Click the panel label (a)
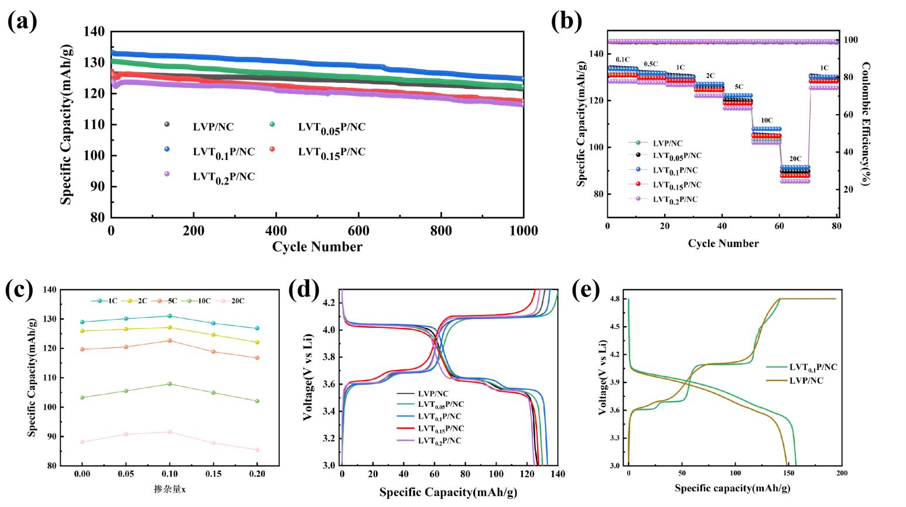22,22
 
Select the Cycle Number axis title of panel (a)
317,246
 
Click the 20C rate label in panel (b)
795,159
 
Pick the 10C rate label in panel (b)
767,121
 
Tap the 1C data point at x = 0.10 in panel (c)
169,316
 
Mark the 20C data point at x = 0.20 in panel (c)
257,450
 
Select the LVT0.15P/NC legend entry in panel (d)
439,429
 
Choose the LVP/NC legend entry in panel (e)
806,381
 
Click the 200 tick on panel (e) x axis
842,472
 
